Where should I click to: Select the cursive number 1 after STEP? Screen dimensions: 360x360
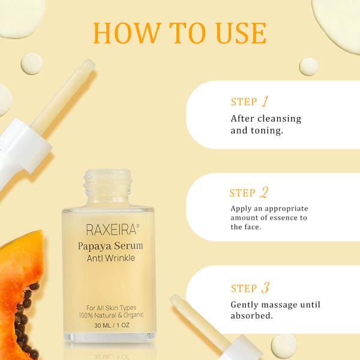click(265, 101)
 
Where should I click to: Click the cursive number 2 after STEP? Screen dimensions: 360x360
click(264, 192)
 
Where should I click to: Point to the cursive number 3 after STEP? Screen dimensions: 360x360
click(265, 287)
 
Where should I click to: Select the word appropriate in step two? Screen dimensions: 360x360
click(287, 209)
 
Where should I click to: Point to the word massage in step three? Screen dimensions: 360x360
click(277, 305)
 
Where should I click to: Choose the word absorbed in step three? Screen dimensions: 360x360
click(251, 316)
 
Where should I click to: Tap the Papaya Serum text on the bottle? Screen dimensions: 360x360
click(110, 246)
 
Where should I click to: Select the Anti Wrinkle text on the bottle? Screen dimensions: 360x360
click(110, 258)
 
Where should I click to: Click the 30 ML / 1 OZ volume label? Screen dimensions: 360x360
click(112, 325)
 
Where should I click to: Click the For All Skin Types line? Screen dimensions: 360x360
click(112, 308)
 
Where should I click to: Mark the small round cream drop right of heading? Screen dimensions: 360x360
click(308, 67)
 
